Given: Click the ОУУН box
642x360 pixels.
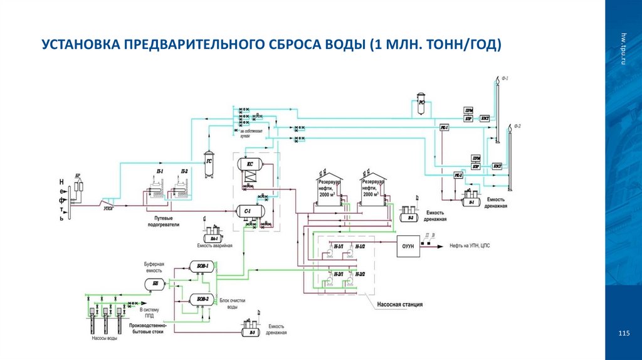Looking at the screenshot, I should (x=406, y=246).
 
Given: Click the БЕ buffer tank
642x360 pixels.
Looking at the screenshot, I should (x=155, y=283).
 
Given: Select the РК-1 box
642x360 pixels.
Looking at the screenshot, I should (x=444, y=127).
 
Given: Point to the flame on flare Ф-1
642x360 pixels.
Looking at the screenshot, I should (x=498, y=80).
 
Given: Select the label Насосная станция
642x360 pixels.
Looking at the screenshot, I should (x=399, y=304).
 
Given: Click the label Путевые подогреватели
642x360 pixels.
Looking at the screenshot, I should (x=164, y=220).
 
